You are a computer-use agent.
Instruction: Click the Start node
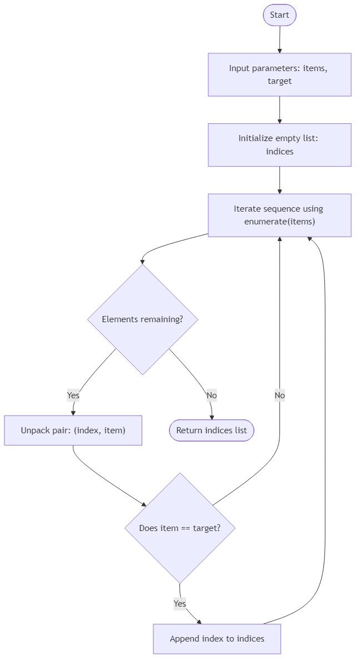pos(279,15)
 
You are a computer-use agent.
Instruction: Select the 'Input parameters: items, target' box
pos(279,74)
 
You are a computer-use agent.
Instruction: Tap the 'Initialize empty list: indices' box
pos(279,145)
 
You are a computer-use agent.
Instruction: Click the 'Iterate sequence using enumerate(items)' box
pos(279,215)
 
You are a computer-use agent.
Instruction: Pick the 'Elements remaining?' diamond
pos(143,319)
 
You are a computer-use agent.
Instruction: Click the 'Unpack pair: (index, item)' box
pos(73,430)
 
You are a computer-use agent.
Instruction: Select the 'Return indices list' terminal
pos(212,430)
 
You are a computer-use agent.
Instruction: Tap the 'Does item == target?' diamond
pos(179,528)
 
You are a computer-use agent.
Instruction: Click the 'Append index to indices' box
pos(217,639)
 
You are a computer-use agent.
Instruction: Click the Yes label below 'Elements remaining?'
pos(73,395)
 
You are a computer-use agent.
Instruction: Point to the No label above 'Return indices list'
pos(211,395)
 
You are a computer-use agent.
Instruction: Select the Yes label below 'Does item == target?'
pos(179,603)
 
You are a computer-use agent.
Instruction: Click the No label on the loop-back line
pos(279,395)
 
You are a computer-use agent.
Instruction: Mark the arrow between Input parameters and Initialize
pos(279,109)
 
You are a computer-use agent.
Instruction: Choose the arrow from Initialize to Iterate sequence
pos(279,180)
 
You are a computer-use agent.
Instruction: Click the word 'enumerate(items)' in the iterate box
pos(279,222)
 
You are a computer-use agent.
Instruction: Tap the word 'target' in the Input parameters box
pos(279,81)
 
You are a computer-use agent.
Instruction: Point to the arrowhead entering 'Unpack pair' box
pos(73,412)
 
